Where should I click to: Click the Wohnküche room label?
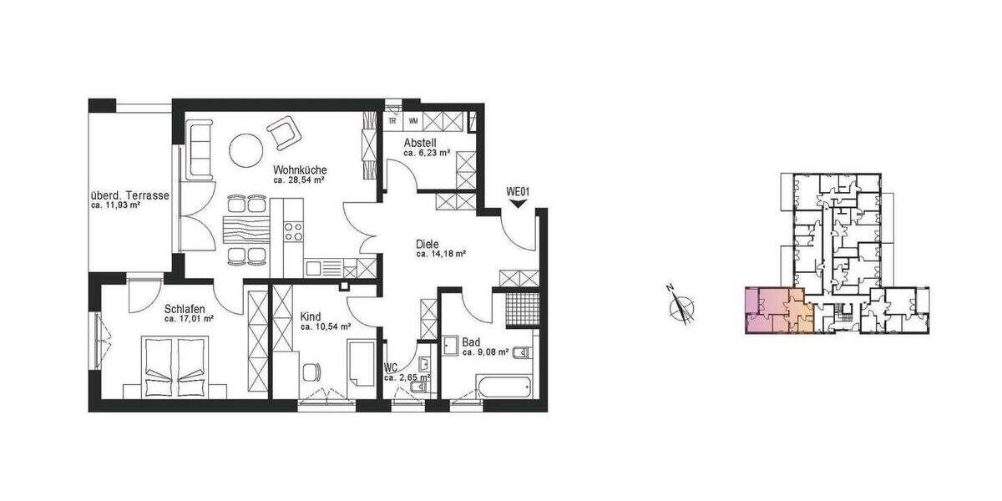(300, 170)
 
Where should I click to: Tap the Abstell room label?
(420, 143)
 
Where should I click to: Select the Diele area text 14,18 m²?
(440, 255)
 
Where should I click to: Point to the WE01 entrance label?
(519, 192)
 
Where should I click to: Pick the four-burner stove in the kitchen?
(293, 230)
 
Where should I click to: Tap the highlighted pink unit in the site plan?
(777, 311)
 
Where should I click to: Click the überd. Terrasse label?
(130, 196)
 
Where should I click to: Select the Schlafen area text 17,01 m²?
(189, 319)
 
